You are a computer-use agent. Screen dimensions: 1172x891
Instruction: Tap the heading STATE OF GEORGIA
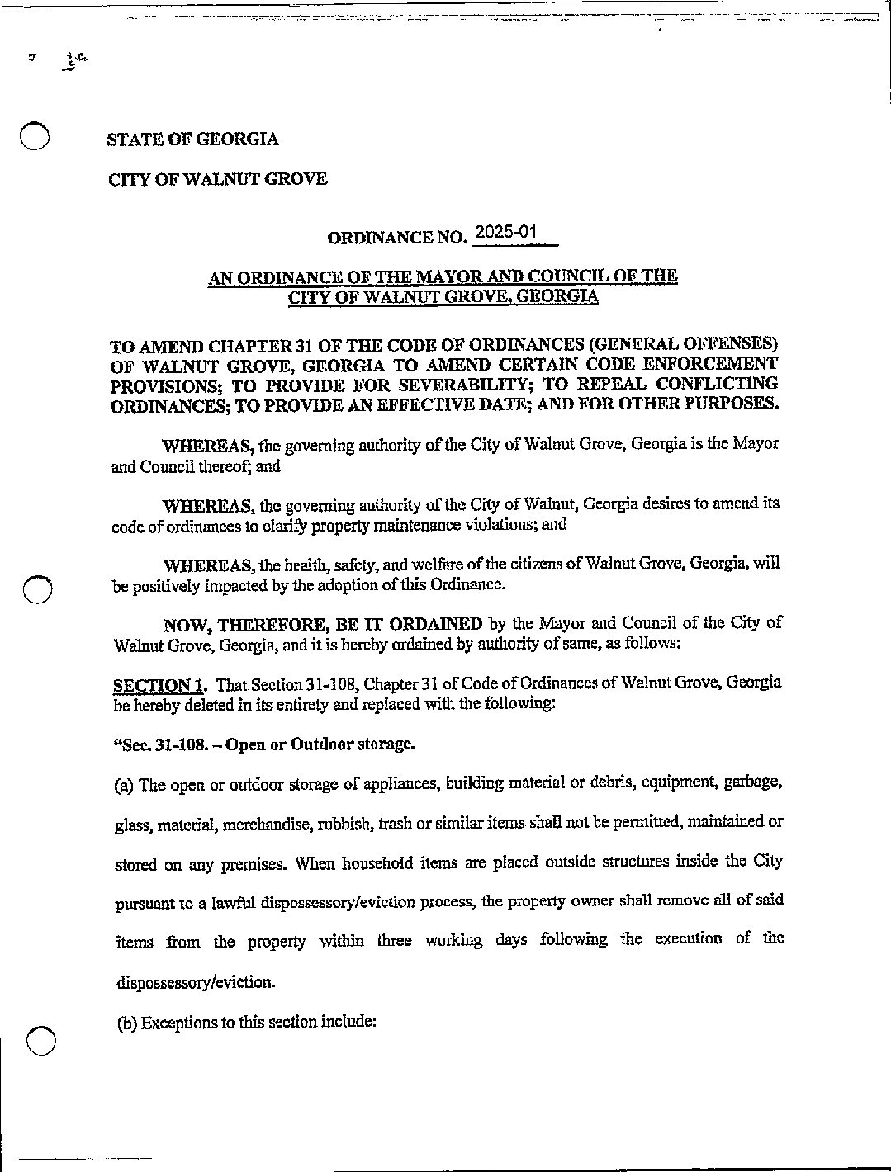click(x=192, y=139)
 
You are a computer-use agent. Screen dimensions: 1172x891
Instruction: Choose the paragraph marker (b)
click(x=126, y=1023)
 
